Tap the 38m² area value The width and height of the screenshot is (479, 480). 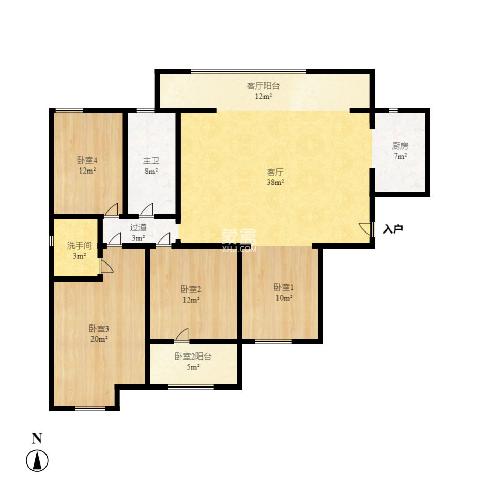(275, 182)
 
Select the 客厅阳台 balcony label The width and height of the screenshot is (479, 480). (263, 86)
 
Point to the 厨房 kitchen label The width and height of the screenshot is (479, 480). (400, 146)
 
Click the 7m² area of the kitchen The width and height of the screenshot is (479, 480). (400, 156)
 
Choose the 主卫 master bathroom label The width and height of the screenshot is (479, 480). (151, 161)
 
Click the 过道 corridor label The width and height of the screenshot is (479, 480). (138, 227)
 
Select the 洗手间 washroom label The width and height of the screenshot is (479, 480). (79, 245)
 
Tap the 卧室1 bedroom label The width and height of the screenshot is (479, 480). (283, 287)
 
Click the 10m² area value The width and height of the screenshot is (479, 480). (283, 298)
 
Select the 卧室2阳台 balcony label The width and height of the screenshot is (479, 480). (192, 357)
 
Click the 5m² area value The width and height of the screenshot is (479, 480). (192, 367)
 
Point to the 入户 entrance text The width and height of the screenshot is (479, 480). (393, 229)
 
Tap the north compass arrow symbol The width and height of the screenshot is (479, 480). (37, 460)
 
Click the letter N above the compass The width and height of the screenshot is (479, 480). (37, 439)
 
